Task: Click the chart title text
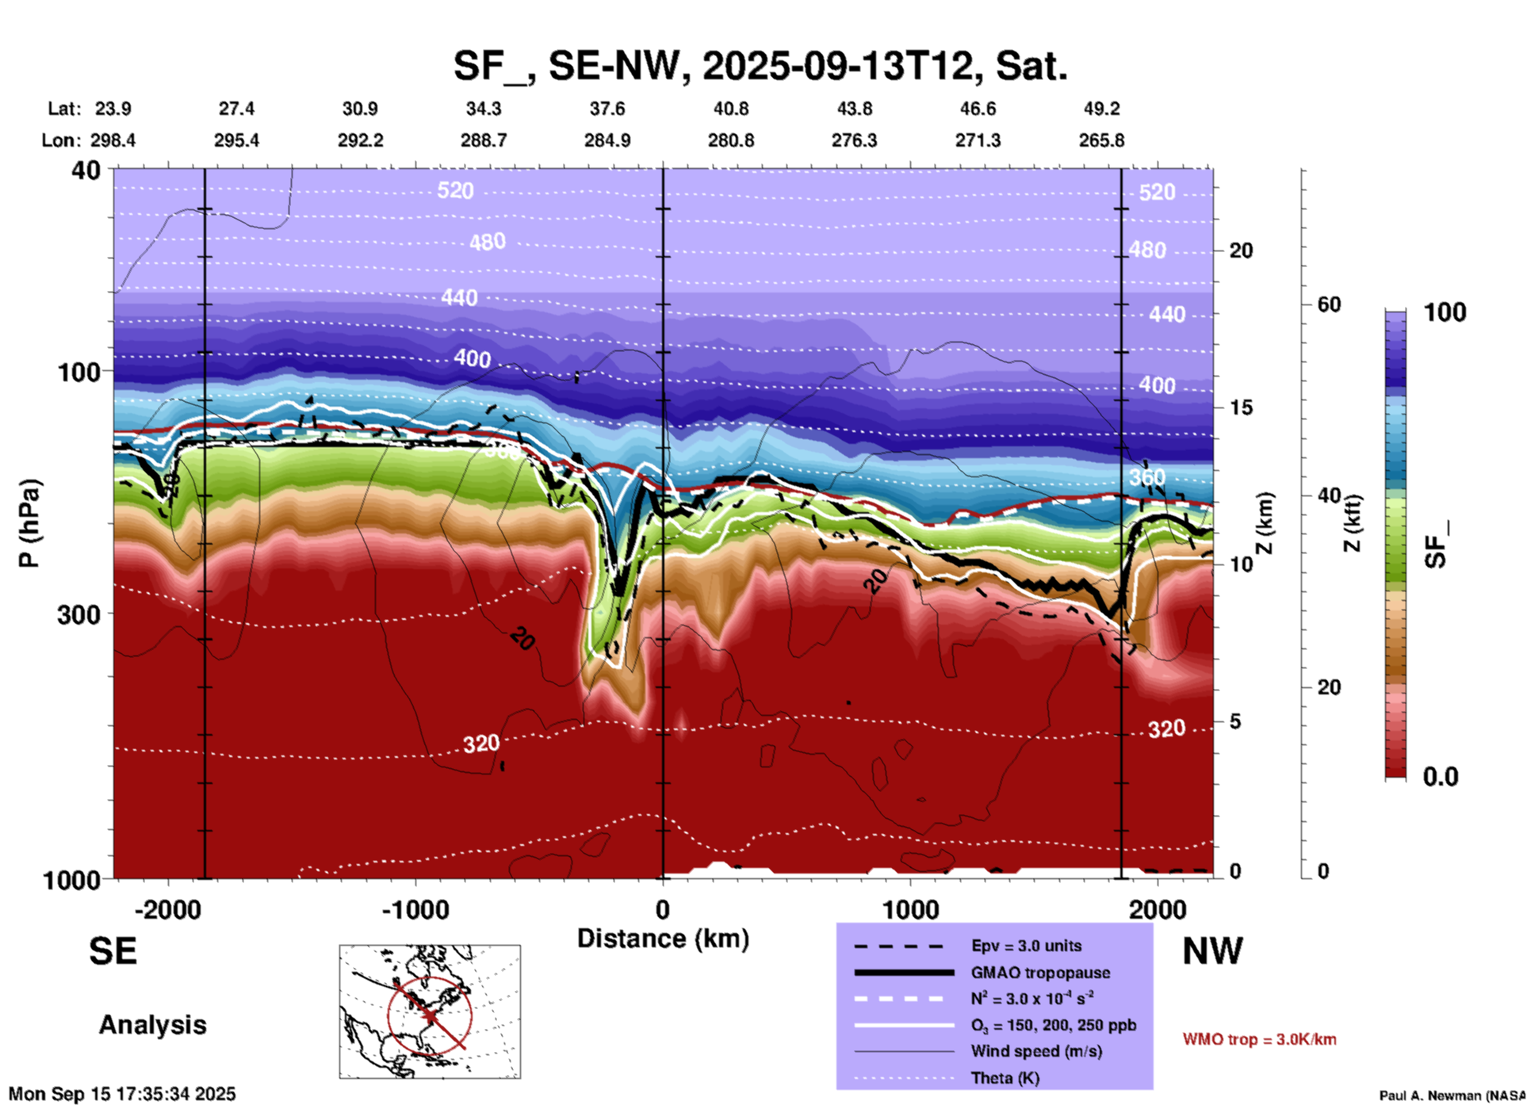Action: [x=760, y=65]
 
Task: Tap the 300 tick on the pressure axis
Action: [x=79, y=614]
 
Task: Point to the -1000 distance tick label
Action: [x=415, y=910]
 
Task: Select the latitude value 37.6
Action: [x=607, y=109]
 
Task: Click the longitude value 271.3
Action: [x=977, y=140]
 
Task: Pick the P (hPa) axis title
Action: [x=29, y=522]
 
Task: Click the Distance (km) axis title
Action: [x=663, y=939]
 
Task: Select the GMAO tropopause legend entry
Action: [x=1040, y=973]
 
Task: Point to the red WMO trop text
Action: [x=1259, y=1039]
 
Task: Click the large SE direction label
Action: [x=113, y=951]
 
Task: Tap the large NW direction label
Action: [x=1212, y=951]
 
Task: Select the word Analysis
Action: [x=152, y=1025]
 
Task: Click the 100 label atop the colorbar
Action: [x=1445, y=312]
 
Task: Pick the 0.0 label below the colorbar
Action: [x=1441, y=777]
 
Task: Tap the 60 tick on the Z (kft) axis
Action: [x=1329, y=304]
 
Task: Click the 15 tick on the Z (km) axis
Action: [x=1241, y=407]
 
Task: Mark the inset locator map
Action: [x=430, y=1011]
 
